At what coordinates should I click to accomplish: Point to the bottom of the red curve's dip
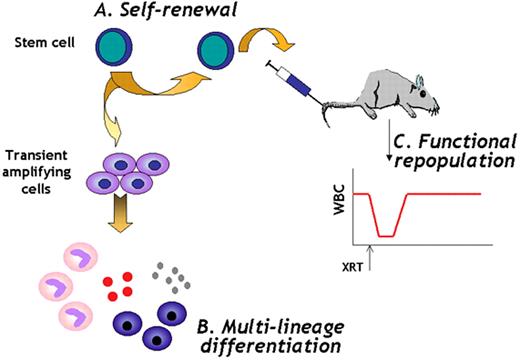point(383,236)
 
